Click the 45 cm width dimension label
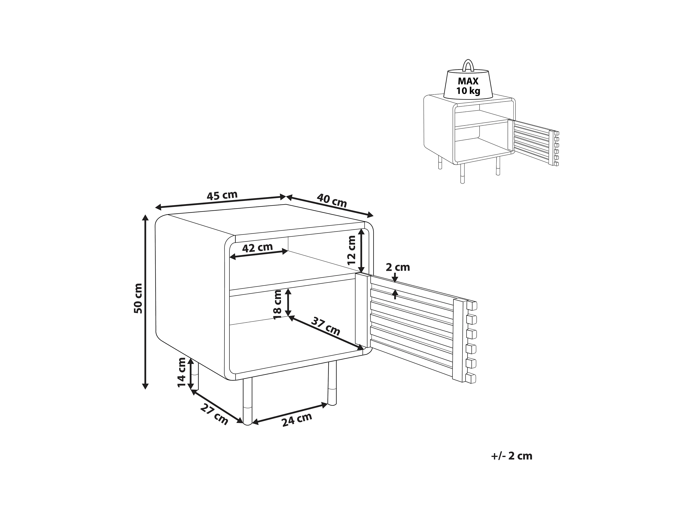coord(222,195)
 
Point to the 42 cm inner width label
coord(257,248)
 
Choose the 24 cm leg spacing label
coord(297,420)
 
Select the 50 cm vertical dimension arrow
coord(145,302)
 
